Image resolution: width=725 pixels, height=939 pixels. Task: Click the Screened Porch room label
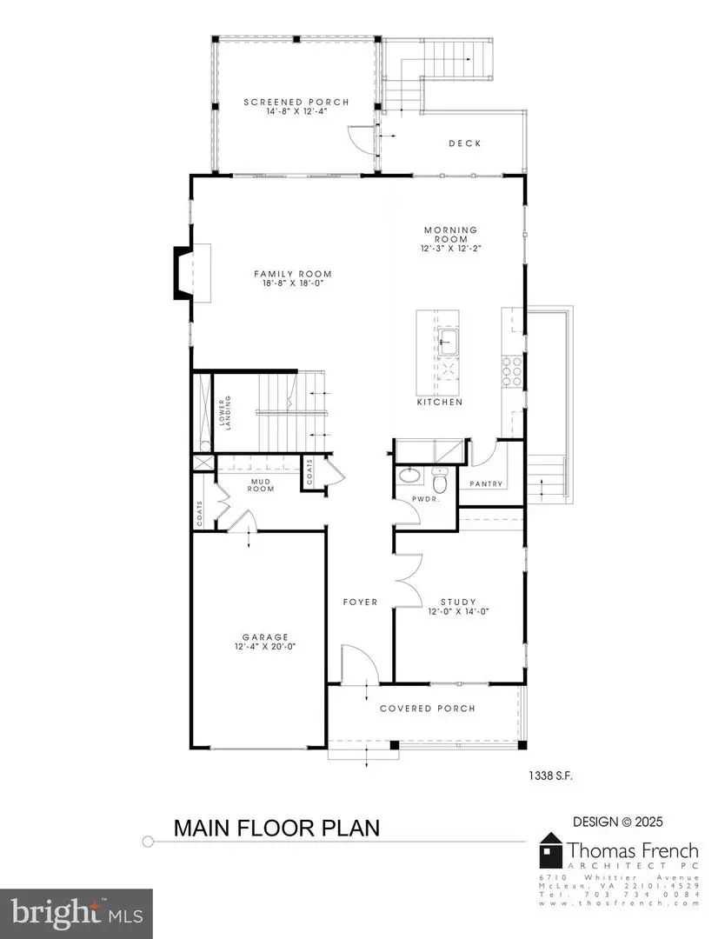click(x=296, y=103)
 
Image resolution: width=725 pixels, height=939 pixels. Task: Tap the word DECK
click(x=464, y=143)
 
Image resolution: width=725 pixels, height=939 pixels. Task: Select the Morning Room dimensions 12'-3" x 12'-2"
click(x=451, y=249)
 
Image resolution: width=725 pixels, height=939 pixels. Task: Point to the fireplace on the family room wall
click(x=183, y=273)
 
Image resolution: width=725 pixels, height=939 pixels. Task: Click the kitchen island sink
click(x=449, y=338)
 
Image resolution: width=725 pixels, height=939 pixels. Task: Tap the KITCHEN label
click(x=439, y=403)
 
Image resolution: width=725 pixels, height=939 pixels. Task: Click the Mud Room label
click(x=263, y=484)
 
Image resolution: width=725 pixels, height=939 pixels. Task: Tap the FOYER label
click(x=360, y=602)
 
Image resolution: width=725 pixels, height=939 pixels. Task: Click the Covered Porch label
click(x=428, y=708)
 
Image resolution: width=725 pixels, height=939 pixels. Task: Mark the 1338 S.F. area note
click(x=549, y=774)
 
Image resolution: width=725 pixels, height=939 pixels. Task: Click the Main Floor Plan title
click(x=276, y=827)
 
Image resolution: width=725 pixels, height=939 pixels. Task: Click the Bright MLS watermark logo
click(x=76, y=913)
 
